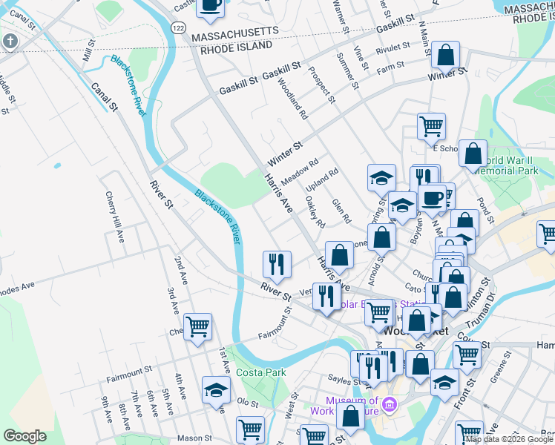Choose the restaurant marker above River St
[277, 265]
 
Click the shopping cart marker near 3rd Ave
[197, 326]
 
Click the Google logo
[24, 436]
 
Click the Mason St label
[195, 438]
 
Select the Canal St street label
[105, 96]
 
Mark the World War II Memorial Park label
[511, 165]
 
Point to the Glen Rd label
[341, 211]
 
